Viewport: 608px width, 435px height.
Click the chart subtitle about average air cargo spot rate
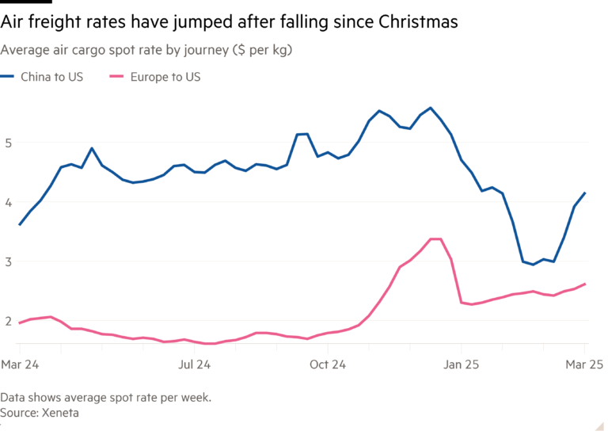click(x=146, y=51)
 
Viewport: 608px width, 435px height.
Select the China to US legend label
click(x=51, y=78)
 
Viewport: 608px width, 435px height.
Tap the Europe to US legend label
click(x=165, y=78)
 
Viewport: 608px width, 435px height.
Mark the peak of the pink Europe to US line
click(x=435, y=238)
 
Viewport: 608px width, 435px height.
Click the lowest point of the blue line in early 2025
click(x=532, y=265)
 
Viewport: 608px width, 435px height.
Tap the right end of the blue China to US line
click(x=586, y=192)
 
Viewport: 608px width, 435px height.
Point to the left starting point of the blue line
click(x=19, y=225)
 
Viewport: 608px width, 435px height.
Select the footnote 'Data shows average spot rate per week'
click(x=105, y=398)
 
